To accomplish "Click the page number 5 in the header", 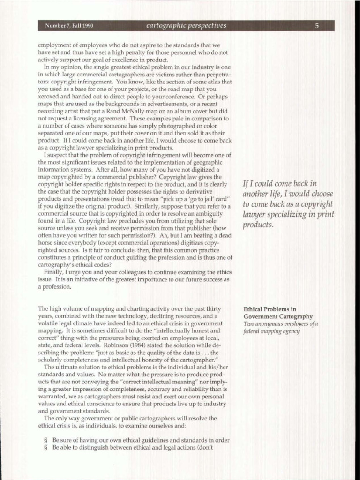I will point(317,26).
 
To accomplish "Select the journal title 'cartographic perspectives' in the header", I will point(186,26).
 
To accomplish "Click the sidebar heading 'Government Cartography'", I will point(278,316).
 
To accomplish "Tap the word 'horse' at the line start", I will point(46,243).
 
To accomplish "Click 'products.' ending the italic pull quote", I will point(258,225).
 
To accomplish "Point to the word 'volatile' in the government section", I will point(48,323).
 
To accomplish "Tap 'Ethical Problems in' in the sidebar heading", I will point(270,309).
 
